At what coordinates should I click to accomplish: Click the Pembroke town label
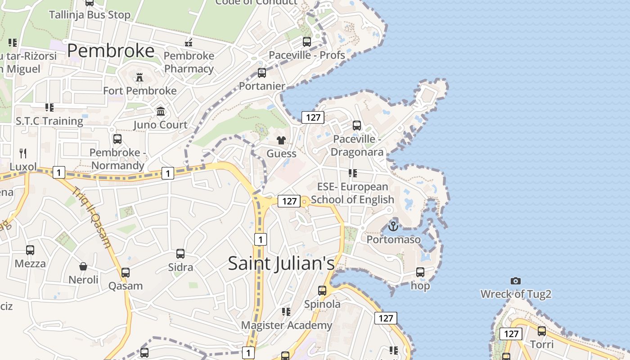(x=111, y=51)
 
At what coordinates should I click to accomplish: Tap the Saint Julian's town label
(x=281, y=263)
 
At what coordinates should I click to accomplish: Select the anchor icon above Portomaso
(x=393, y=226)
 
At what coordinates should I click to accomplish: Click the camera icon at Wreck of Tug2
(x=516, y=281)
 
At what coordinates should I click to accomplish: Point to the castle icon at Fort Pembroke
(x=139, y=77)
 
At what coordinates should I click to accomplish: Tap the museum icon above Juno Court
(x=161, y=111)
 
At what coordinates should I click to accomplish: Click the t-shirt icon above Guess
(x=281, y=140)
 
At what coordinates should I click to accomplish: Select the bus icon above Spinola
(x=322, y=291)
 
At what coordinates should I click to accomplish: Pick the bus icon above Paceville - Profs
(x=307, y=42)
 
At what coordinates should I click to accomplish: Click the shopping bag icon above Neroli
(x=83, y=266)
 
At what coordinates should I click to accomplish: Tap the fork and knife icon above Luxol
(x=23, y=153)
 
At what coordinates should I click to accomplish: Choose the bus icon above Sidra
(x=180, y=254)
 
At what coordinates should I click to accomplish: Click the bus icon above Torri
(x=542, y=331)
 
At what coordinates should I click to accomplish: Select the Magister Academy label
(x=287, y=325)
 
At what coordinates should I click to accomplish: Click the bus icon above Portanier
(x=262, y=73)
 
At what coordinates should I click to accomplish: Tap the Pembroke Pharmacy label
(x=189, y=62)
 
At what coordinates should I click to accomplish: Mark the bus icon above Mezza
(x=30, y=250)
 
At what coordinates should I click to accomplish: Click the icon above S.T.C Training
(x=49, y=108)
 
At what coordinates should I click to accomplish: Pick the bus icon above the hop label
(x=420, y=272)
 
